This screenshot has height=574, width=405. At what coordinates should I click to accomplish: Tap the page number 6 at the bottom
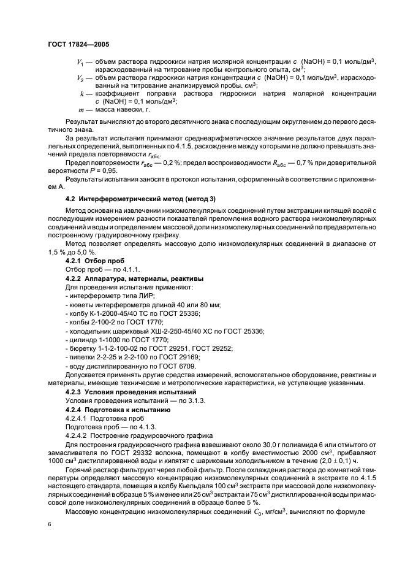click(x=50, y=526)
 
